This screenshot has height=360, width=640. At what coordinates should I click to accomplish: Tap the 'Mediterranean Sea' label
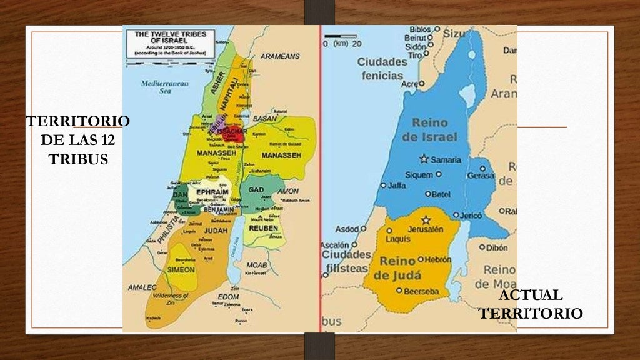[156, 86]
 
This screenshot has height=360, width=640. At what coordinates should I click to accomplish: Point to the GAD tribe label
[256, 189]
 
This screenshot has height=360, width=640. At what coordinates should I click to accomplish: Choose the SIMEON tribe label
[181, 269]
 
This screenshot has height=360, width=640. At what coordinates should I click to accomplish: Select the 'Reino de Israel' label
[434, 130]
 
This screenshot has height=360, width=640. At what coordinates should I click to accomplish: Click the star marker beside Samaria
[424, 159]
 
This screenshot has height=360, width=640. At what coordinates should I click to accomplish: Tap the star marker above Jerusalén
[426, 219]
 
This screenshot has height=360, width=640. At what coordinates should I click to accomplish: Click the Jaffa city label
[397, 185]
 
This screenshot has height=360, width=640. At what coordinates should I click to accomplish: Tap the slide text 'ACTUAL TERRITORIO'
[531, 304]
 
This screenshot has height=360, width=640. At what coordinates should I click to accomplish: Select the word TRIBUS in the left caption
[78, 159]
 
